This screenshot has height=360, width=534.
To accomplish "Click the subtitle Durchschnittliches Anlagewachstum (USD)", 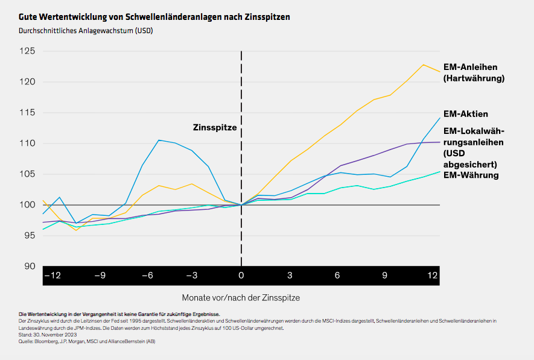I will click(x=86, y=30).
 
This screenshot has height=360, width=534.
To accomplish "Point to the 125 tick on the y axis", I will click(x=28, y=51).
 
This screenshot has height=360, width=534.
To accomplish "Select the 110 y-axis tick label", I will click(x=28, y=144).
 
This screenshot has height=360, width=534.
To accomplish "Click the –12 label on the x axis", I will click(x=52, y=276).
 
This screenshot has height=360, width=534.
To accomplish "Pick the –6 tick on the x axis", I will click(x=147, y=276).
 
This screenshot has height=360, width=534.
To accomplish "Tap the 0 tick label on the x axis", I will click(x=241, y=276).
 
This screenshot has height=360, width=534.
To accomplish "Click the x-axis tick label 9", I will click(x=384, y=276).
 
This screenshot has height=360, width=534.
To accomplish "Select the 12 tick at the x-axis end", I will click(x=432, y=276).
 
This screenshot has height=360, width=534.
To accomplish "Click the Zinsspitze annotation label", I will click(x=215, y=128).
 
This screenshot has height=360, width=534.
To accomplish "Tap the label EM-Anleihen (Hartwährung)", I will click(x=474, y=72).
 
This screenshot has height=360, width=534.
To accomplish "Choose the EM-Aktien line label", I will click(x=465, y=113).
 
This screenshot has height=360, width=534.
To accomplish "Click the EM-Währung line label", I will click(x=471, y=175).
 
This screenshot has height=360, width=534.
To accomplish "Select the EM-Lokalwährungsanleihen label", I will click(x=474, y=147).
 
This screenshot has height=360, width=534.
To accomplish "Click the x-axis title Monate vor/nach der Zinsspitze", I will click(x=241, y=297).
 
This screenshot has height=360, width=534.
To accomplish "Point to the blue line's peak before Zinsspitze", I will click(x=159, y=140).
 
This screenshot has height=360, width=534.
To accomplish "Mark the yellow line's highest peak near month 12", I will click(x=424, y=65).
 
